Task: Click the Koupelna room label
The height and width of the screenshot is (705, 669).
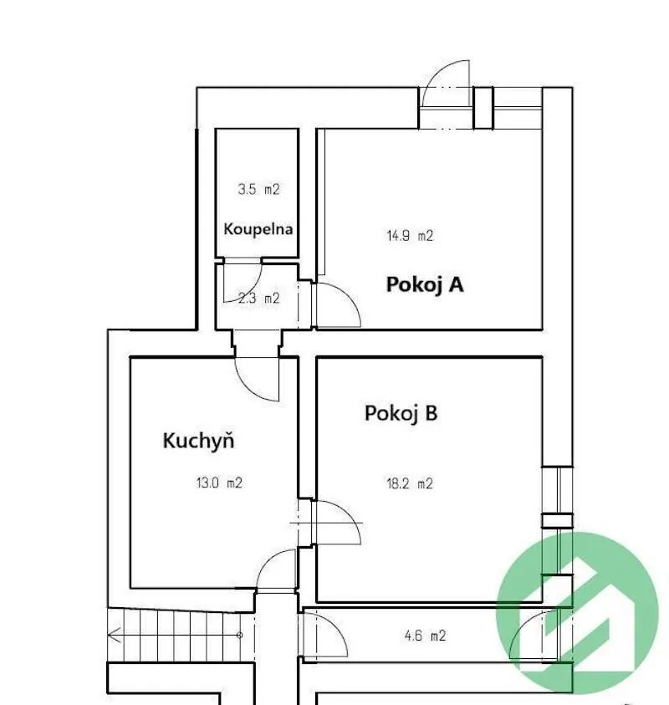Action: (258, 229)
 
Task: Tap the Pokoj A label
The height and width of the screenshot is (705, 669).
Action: (425, 284)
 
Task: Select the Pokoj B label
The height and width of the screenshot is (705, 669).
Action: (401, 413)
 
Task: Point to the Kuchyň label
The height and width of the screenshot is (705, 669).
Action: (198, 440)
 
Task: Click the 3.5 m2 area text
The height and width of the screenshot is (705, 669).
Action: (258, 189)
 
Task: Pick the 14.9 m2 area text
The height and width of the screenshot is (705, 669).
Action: (410, 236)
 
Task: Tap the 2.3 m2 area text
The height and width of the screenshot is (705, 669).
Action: (259, 298)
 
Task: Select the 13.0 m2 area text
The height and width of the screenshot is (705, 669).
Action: (219, 483)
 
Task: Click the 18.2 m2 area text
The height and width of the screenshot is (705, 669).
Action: (410, 483)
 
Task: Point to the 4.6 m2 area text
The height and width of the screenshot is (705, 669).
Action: (425, 636)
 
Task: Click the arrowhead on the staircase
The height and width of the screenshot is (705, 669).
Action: (114, 635)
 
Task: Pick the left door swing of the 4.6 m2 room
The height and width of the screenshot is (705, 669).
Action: (336, 627)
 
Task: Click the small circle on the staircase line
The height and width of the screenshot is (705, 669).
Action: (240, 636)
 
